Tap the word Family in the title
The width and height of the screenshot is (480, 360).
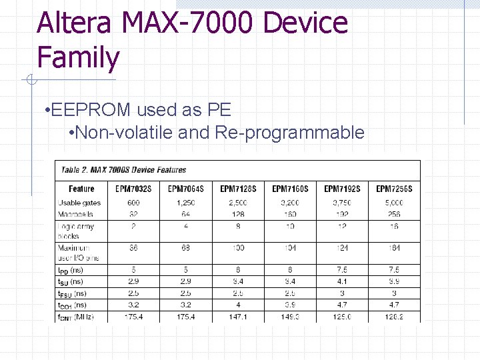78,57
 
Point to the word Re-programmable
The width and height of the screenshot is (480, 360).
290,133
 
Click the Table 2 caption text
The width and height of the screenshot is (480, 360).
124,170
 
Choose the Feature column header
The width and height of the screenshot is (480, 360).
81,189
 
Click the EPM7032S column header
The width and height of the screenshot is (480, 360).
133,189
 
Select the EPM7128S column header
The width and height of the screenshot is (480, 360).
238,189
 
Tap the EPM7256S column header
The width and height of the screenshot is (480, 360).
394,189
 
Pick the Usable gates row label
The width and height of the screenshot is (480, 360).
79,203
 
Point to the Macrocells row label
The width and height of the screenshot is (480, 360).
75,214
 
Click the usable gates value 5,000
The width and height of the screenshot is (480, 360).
394,203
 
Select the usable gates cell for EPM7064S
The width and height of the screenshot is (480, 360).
185,203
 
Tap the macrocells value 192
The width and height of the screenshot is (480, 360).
342,214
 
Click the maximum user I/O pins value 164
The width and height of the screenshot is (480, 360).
394,247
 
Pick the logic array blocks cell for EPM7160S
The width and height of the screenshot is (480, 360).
290,226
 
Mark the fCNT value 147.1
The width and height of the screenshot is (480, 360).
238,317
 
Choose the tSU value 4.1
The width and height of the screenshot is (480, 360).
342,282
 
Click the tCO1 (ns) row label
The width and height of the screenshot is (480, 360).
72,305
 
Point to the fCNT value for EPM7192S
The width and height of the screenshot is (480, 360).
342,317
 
